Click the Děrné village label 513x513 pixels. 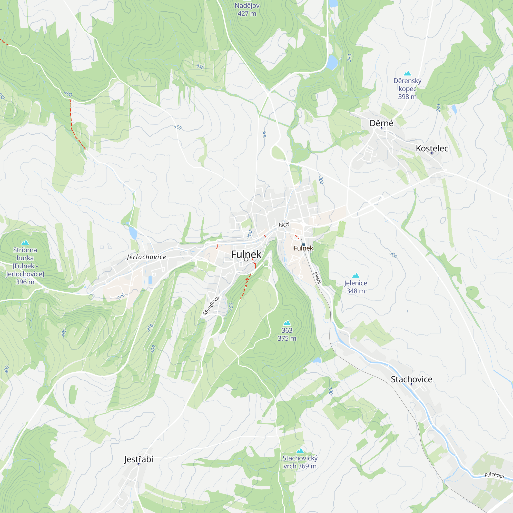click(x=381, y=123)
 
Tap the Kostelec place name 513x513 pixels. click(x=432, y=149)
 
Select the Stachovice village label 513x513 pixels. click(x=411, y=379)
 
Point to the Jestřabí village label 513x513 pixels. click(x=139, y=459)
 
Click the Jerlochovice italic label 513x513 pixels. click(x=146, y=257)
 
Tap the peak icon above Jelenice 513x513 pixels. click(x=356, y=276)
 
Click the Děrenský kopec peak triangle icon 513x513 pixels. click(x=407, y=73)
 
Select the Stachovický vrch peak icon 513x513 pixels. click(x=300, y=451)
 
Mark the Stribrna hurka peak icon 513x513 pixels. click(x=25, y=242)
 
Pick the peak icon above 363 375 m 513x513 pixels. click(x=287, y=323)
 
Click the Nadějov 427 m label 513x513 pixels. click(x=247, y=9)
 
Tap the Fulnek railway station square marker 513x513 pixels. click(x=303, y=244)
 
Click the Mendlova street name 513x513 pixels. click(x=211, y=306)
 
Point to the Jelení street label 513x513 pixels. click(x=317, y=278)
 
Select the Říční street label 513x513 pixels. click(x=284, y=225)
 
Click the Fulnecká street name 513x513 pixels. click(x=494, y=475)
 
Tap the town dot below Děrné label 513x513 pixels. click(x=381, y=128)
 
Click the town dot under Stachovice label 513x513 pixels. click(x=412, y=384)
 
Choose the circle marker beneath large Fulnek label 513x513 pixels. click(x=246, y=259)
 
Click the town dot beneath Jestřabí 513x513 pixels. click(x=139, y=464)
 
